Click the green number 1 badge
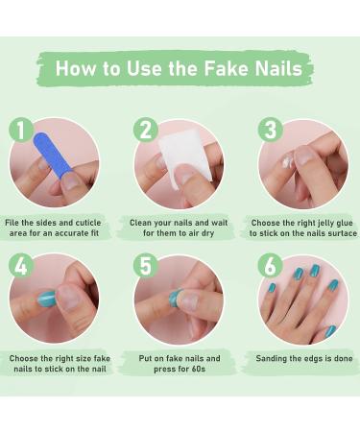(x=22, y=132)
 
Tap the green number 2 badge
(x=146, y=132)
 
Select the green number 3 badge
(x=270, y=132)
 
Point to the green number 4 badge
(x=22, y=267)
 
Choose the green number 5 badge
(x=146, y=267)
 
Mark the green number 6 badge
(x=270, y=267)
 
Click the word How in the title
(x=77, y=68)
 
